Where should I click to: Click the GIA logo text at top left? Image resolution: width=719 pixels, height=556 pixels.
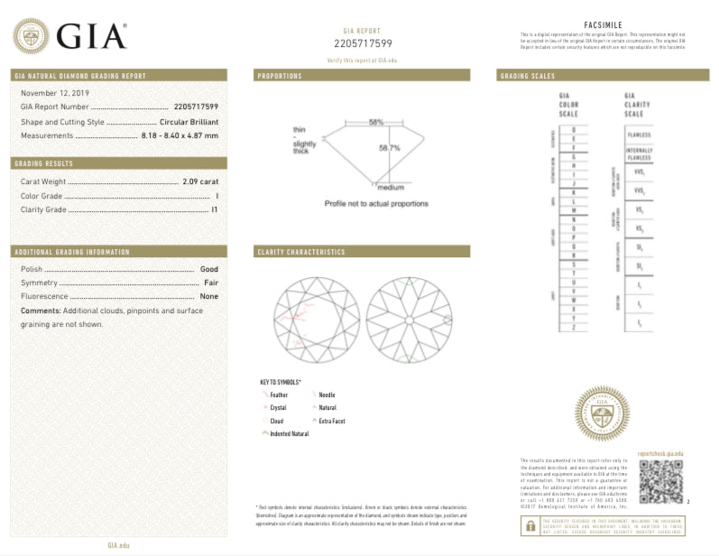tap(90, 35)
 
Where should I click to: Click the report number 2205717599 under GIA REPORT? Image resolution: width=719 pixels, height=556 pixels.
tap(363, 42)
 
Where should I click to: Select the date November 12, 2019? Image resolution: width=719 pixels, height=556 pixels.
tap(51, 93)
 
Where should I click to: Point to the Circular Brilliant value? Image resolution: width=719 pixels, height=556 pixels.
tap(189, 121)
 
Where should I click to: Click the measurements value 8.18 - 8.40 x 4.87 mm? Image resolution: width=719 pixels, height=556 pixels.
tap(180, 135)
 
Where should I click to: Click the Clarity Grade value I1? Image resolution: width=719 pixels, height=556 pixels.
tap(215, 209)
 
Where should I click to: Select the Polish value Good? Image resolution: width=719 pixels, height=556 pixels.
tap(209, 269)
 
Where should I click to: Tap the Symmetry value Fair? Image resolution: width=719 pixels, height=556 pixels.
tap(211, 283)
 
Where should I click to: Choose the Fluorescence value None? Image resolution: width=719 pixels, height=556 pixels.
tap(209, 296)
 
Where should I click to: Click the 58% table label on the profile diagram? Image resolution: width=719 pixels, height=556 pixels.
tap(375, 122)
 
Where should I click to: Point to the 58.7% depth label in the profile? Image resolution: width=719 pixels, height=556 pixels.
tap(389, 147)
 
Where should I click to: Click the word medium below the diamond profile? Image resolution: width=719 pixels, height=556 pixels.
tap(390, 187)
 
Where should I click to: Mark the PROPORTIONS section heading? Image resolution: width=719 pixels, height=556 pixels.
tap(280, 76)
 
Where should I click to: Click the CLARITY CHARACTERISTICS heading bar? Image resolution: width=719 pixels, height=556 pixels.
tap(361, 252)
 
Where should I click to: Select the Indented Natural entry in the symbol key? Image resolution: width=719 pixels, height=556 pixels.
tap(289, 434)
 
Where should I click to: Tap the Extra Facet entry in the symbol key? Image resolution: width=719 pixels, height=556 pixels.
tap(331, 421)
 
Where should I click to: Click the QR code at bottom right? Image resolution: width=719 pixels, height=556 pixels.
tap(660, 482)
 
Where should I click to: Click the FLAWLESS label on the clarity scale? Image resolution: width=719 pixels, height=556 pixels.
tap(638, 134)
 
